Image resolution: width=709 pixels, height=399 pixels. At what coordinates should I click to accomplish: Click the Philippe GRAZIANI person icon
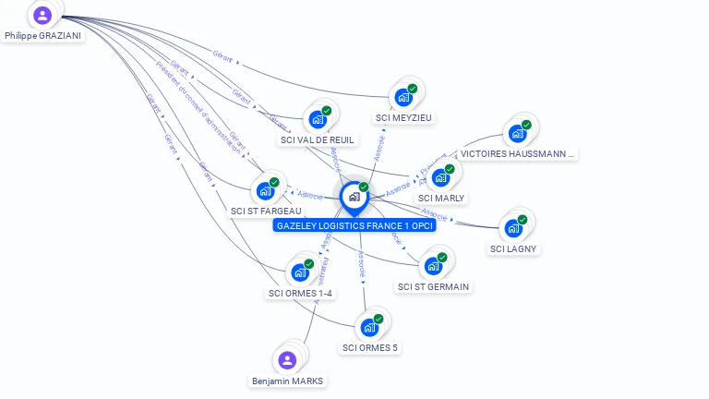[x=42, y=15]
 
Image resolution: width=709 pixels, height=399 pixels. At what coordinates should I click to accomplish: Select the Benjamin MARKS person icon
[x=287, y=360]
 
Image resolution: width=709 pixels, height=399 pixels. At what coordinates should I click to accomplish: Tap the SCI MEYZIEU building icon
[x=403, y=97]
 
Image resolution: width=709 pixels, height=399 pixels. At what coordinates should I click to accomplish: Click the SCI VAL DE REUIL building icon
[x=318, y=119]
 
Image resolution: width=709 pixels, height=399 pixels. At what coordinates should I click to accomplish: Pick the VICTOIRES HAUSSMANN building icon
[x=517, y=133]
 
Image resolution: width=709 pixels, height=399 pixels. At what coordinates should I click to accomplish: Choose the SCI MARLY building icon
[x=440, y=177]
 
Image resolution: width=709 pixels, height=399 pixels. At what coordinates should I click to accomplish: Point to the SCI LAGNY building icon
[x=513, y=228]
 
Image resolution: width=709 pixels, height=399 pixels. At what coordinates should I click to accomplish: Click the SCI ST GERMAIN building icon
[x=433, y=266]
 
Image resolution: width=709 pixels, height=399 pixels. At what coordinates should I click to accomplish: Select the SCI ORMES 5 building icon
[x=369, y=327]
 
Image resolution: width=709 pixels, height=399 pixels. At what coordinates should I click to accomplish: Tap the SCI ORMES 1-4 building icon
[x=300, y=272]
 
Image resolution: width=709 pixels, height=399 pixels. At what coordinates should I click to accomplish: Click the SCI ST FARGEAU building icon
[x=265, y=190]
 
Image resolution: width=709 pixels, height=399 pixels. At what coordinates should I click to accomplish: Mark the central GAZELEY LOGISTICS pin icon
[x=354, y=197]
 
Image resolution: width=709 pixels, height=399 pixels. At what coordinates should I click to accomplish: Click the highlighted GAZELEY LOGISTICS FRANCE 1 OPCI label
[x=354, y=225]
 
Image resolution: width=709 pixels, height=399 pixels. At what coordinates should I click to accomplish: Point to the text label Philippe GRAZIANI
[x=42, y=36]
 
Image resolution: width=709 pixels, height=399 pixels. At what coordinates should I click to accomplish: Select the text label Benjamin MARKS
[x=288, y=381]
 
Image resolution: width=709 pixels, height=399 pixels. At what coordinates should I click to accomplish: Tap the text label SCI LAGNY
[x=513, y=248]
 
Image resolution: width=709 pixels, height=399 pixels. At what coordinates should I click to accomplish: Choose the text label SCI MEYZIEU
[x=403, y=117]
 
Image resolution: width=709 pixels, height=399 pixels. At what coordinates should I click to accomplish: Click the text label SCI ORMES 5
[x=369, y=347]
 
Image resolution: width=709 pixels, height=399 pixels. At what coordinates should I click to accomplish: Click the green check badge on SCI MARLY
[x=450, y=169]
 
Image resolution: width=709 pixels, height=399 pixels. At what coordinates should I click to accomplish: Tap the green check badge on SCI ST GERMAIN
[x=442, y=258]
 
